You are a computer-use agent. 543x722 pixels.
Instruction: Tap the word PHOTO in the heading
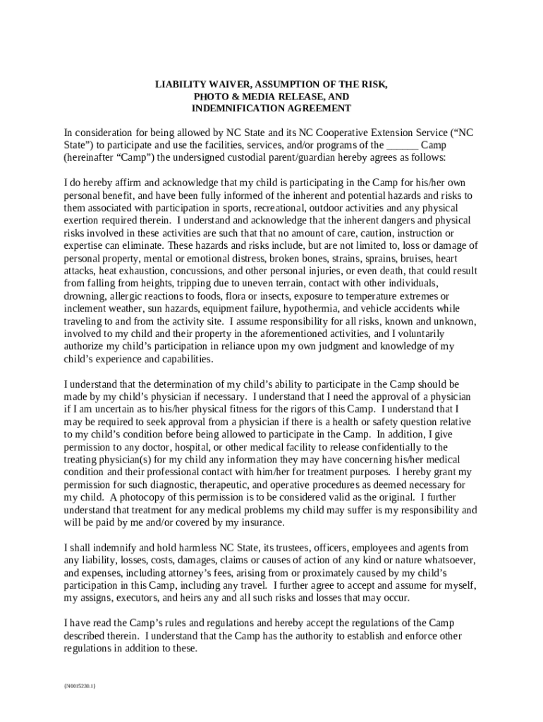pyautogui.click(x=209, y=96)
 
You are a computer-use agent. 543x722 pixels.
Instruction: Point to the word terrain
pyautogui.click(x=256, y=283)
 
